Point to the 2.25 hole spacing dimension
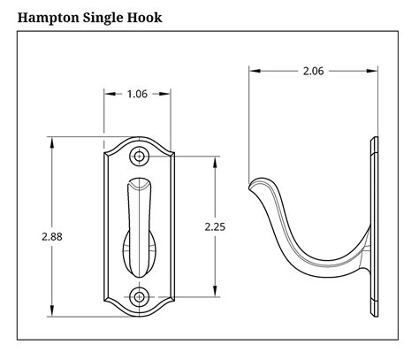[x=215, y=226]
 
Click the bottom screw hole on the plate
[x=139, y=295]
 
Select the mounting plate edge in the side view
[x=375, y=226]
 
